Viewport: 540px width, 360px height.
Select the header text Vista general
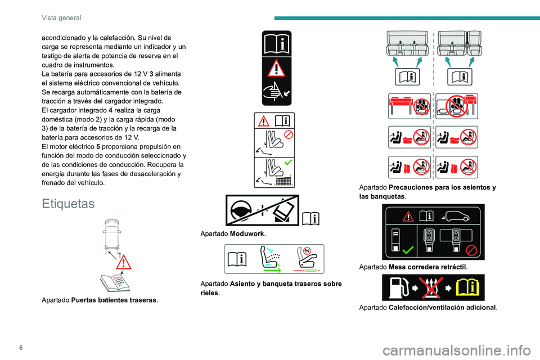click(61, 17)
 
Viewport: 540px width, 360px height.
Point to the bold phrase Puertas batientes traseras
click(114, 300)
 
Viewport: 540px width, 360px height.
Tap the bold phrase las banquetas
click(381, 197)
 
